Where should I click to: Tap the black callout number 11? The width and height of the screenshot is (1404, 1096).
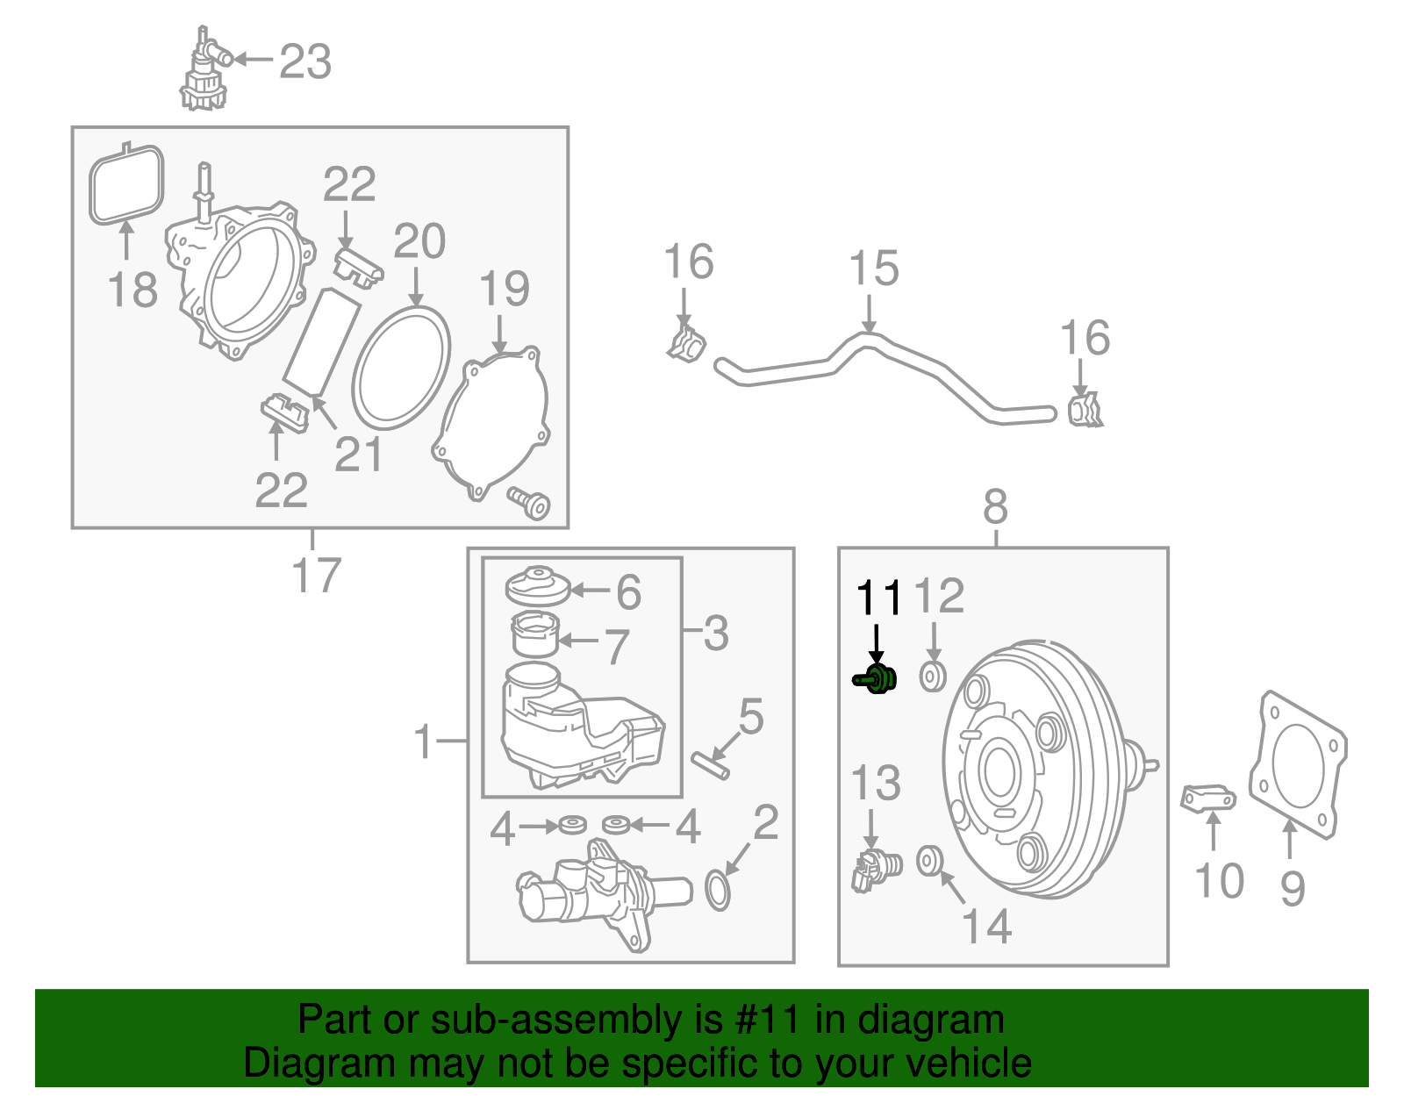[878, 598]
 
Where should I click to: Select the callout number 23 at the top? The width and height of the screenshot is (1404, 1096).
[305, 61]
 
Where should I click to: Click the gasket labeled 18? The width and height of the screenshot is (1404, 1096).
[126, 185]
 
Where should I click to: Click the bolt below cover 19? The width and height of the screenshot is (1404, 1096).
[530, 504]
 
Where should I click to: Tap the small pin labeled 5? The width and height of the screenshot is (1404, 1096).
[710, 764]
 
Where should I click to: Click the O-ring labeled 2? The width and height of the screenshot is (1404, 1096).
[718, 890]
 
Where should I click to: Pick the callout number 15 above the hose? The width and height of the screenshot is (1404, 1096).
[874, 269]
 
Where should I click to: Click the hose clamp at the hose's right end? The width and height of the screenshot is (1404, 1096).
[1085, 411]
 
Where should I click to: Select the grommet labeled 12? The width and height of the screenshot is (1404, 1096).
[932, 677]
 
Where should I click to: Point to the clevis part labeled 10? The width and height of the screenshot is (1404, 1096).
[1208, 799]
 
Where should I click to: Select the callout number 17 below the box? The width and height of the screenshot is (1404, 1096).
[315, 576]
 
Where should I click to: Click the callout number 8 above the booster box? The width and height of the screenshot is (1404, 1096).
[995, 507]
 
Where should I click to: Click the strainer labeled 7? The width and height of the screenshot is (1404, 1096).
[534, 634]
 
